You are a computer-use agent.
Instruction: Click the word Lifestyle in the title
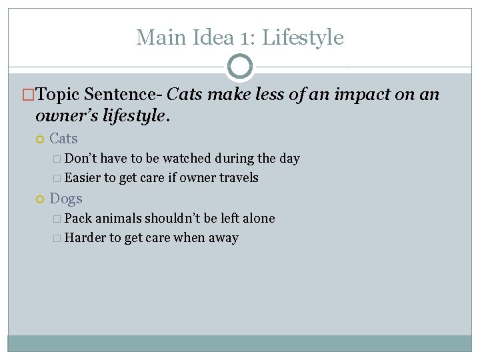303,37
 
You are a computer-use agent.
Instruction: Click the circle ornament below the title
240,67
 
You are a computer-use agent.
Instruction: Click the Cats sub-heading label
63,139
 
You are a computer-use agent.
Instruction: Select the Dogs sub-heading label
66,198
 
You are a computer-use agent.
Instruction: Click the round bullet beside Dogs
39,199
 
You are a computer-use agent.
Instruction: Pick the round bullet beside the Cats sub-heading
39,139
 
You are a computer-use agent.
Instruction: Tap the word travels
239,178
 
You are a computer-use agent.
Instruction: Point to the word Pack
79,218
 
